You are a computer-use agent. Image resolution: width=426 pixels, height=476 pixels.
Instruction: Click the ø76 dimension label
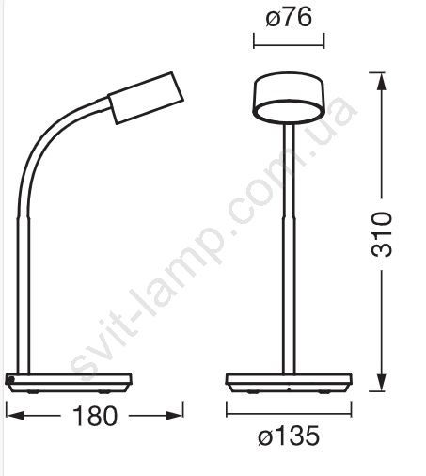pyautogui.click(x=289, y=18)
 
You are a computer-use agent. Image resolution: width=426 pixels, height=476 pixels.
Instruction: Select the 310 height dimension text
pyautogui.click(x=382, y=234)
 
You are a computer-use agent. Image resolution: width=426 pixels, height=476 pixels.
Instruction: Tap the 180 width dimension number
pyautogui.click(x=95, y=416)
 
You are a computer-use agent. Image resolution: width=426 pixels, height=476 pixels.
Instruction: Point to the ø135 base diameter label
pyautogui.click(x=289, y=436)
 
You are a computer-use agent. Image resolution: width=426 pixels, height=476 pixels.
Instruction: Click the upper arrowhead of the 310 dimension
pyautogui.click(x=381, y=81)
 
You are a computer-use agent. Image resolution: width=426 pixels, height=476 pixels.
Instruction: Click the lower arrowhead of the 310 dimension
pyautogui.click(x=381, y=382)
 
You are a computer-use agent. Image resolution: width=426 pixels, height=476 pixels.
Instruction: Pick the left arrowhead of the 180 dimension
pyautogui.click(x=15, y=416)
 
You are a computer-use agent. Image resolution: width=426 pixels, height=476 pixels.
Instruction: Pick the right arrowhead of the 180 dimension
pyautogui.click(x=174, y=416)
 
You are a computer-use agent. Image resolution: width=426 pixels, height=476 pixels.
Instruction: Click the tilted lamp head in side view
pyautogui.click(x=146, y=98)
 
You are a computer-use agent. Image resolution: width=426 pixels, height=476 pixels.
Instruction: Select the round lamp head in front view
pyautogui.click(x=289, y=97)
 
